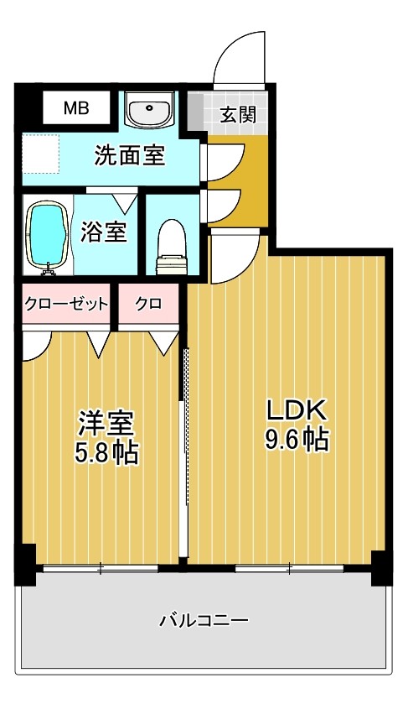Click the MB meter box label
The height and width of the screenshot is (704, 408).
[x=76, y=107]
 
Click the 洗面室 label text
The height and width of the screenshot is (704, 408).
[x=130, y=155]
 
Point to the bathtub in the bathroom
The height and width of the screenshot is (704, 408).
[x=48, y=235]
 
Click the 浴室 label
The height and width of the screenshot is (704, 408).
[x=103, y=232]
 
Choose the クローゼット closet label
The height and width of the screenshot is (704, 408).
[x=66, y=304]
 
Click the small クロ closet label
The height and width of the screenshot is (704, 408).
[x=148, y=304]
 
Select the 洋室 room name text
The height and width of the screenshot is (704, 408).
[x=106, y=423]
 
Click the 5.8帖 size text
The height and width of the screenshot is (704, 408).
[x=106, y=452]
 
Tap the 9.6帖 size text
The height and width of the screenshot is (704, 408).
[x=297, y=439]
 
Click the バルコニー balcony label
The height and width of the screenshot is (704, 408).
[x=204, y=621]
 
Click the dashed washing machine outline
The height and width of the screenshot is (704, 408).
[x=41, y=154]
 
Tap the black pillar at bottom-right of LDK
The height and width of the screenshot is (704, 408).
[x=382, y=567]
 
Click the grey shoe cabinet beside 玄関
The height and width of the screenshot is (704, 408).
[x=194, y=112]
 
